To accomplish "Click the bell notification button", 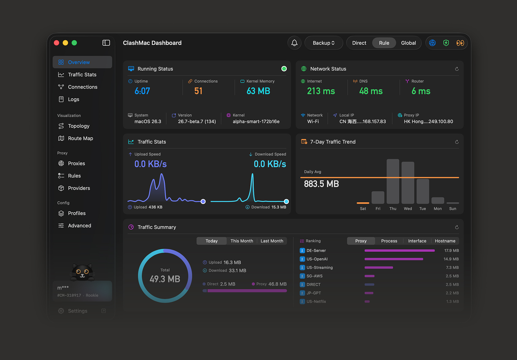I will coord(294,43).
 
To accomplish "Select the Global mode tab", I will coord(408,43).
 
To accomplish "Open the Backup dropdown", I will coord(323,43).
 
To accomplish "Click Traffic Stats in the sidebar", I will coord(82,75).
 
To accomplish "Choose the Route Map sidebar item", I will coord(80,138).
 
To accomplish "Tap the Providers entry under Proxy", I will coord(79,188).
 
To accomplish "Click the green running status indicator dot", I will coord(284,69).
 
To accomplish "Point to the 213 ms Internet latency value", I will coord(321,91).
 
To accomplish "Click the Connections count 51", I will coord(198,91).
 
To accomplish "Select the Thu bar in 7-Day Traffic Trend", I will coord(393,181).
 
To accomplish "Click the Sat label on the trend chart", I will coord(363,209).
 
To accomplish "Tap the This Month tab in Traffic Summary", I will coord(242,241).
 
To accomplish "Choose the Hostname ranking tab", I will coord(445,241).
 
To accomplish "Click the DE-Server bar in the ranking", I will coord(399,250).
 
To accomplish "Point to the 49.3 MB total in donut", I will coord(165,279).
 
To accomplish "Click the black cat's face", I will coord(82,272).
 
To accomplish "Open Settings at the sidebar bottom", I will coord(77,311).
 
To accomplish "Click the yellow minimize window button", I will coord(65,43).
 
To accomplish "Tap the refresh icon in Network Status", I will coord(457,69).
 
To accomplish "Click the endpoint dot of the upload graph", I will coord(203,201).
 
